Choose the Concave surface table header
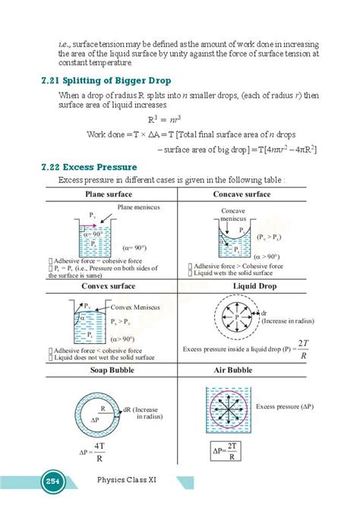pyautogui.click(x=242, y=194)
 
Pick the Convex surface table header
pyautogui.click(x=109, y=286)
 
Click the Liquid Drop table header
pyautogui.click(x=243, y=286)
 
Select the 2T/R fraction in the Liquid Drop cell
pyautogui.click(x=303, y=349)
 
